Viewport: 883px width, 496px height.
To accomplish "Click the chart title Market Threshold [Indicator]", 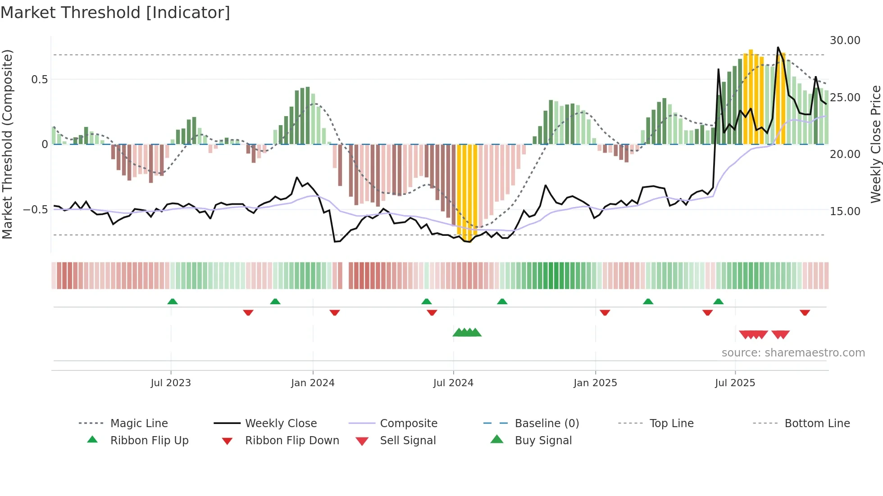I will [115, 13].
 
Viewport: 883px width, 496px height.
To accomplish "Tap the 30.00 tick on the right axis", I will [845, 41].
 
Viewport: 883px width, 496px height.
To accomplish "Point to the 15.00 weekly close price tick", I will [845, 211].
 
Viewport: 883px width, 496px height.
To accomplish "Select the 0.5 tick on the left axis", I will [39, 80].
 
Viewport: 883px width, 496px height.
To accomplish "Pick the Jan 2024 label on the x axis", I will [313, 383].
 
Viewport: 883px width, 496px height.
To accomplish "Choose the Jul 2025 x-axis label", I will [735, 383].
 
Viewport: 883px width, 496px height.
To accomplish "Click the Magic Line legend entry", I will [139, 424].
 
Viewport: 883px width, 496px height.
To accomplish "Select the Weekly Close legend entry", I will [281, 424].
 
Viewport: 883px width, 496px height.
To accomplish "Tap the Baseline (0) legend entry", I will [546, 424].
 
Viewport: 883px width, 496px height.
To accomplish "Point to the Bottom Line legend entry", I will [817, 424].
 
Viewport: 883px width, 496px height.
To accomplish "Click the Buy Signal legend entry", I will [543, 441].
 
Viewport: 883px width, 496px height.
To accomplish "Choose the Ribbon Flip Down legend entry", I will [292, 441].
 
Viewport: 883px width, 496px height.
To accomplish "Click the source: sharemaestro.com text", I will [793, 353].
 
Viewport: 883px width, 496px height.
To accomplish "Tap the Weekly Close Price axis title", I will [875, 144].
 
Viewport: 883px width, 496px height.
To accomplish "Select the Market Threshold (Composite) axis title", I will [7, 144].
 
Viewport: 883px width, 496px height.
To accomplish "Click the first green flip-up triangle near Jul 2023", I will [173, 302].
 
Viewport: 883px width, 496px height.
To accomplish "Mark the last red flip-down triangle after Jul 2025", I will [805, 312].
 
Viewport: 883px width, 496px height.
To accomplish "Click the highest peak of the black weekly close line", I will [778, 47].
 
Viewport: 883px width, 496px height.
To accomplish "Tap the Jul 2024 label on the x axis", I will [453, 383].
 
